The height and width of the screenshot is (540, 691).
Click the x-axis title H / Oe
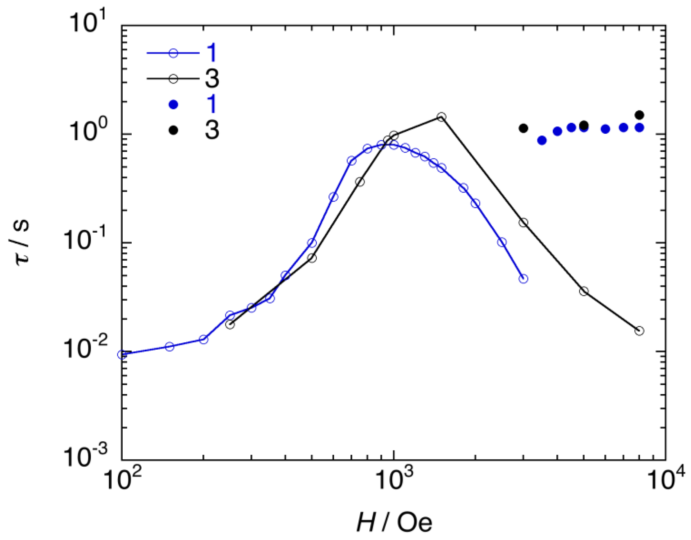394,522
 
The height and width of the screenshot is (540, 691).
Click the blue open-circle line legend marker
173,53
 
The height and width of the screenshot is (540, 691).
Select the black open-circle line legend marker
173,79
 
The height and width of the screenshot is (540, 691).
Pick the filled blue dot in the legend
173,105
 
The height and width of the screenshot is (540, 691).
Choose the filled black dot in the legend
173,130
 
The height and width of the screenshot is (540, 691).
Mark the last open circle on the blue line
524,278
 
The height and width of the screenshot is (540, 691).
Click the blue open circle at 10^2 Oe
122,354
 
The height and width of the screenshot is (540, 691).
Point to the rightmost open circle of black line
639,331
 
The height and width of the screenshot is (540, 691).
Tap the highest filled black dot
639,114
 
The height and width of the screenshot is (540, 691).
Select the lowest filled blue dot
542,140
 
